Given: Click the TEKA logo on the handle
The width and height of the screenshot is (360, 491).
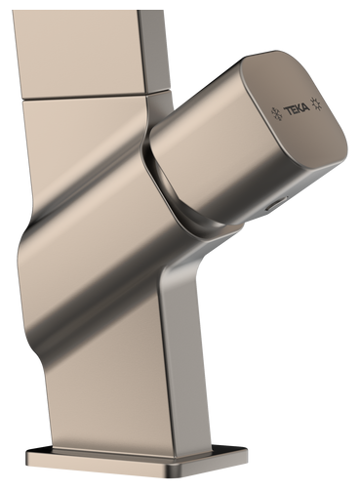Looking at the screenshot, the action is tap(297, 110).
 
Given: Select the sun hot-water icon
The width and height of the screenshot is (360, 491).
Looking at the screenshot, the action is tap(316, 103).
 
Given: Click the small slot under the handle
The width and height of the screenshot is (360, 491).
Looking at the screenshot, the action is tap(276, 204).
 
